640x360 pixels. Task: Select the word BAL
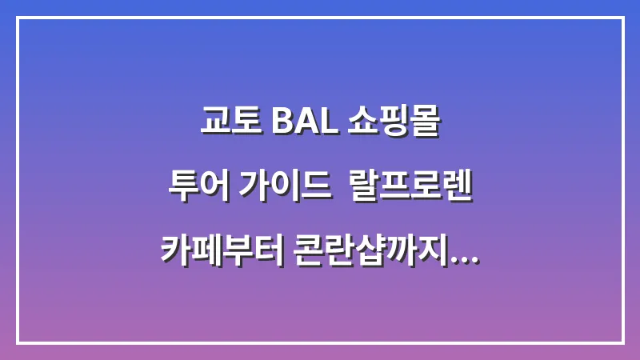pyautogui.click(x=300, y=124)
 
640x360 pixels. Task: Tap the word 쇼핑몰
pyautogui.click(x=394, y=124)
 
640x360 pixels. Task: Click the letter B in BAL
pyautogui.click(x=281, y=124)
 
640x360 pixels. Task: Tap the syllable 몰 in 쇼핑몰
pyautogui.click(x=426, y=124)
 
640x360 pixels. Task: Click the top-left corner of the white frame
pyautogui.click(x=18, y=18)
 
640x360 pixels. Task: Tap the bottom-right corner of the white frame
pyautogui.click(x=622, y=342)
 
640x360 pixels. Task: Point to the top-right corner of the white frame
pyautogui.click(x=622, y=18)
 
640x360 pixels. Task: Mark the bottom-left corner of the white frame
pyautogui.click(x=18, y=342)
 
